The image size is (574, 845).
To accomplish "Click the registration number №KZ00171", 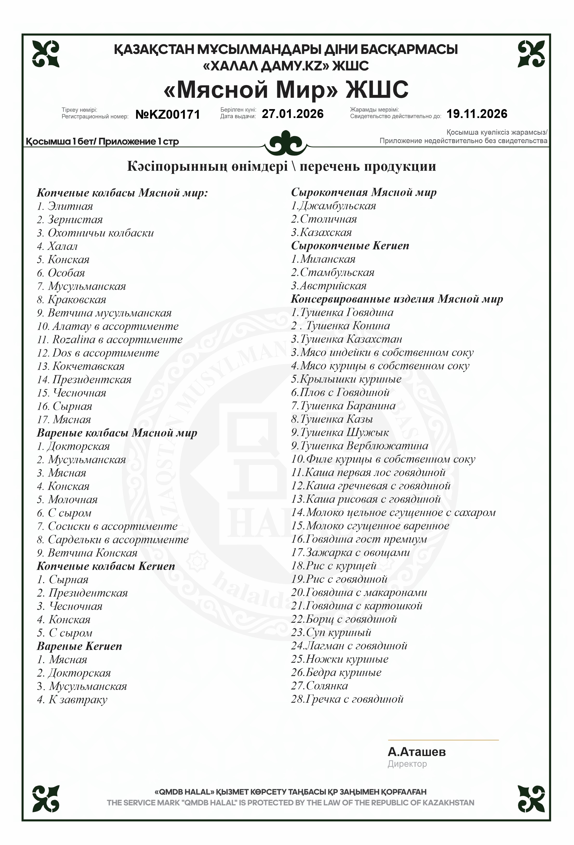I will pos(168,115).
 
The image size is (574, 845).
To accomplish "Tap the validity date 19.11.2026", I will pos(476,114).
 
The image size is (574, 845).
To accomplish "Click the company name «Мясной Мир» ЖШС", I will pos(286,89).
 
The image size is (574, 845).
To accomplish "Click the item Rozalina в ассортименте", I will pos(117,340).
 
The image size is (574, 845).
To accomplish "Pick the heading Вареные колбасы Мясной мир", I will pos(117,433).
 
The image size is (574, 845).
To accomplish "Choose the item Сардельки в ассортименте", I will pos(118,540).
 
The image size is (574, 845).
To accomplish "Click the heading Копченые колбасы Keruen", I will pos(106,566).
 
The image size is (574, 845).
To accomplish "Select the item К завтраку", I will pos(78,700).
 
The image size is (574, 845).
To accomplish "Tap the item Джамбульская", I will pos(337,206).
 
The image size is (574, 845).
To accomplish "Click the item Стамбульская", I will pos(337,272).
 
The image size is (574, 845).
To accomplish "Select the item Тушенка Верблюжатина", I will pos(364,446).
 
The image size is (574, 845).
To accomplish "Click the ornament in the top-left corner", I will pos(46,54).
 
